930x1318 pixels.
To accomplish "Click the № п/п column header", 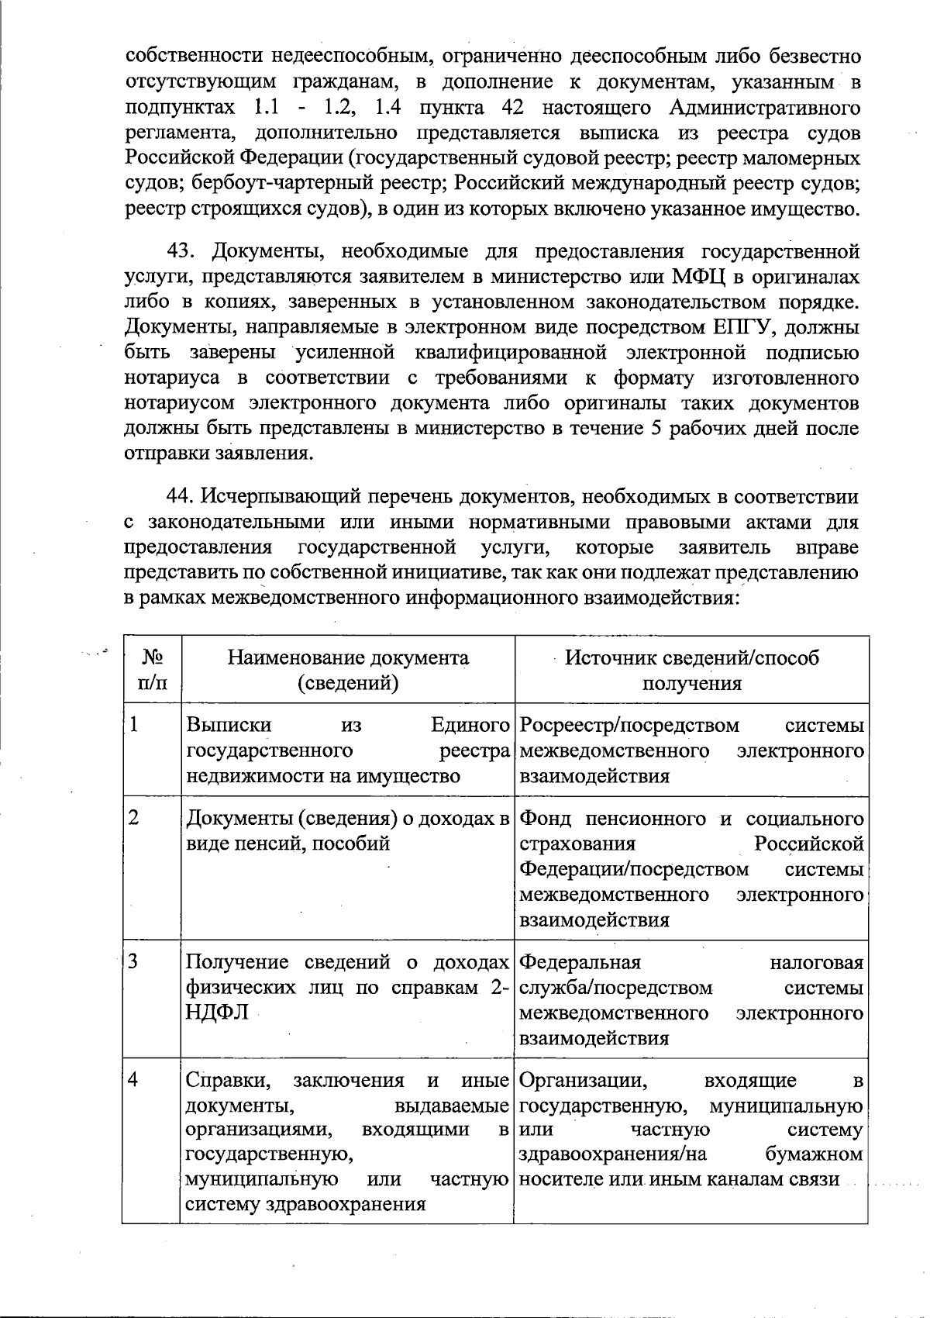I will click(151, 670).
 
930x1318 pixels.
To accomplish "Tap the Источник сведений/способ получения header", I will click(691, 670).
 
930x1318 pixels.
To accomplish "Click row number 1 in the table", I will click(135, 726).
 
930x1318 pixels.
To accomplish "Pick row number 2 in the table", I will click(135, 819).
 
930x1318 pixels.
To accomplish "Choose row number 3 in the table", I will click(135, 962).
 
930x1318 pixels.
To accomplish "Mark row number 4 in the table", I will click(135, 1080).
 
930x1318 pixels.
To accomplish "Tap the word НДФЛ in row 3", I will click(218, 1013).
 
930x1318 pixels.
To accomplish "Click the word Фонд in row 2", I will click(547, 819).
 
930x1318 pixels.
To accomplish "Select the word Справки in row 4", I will click(229, 1080).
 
